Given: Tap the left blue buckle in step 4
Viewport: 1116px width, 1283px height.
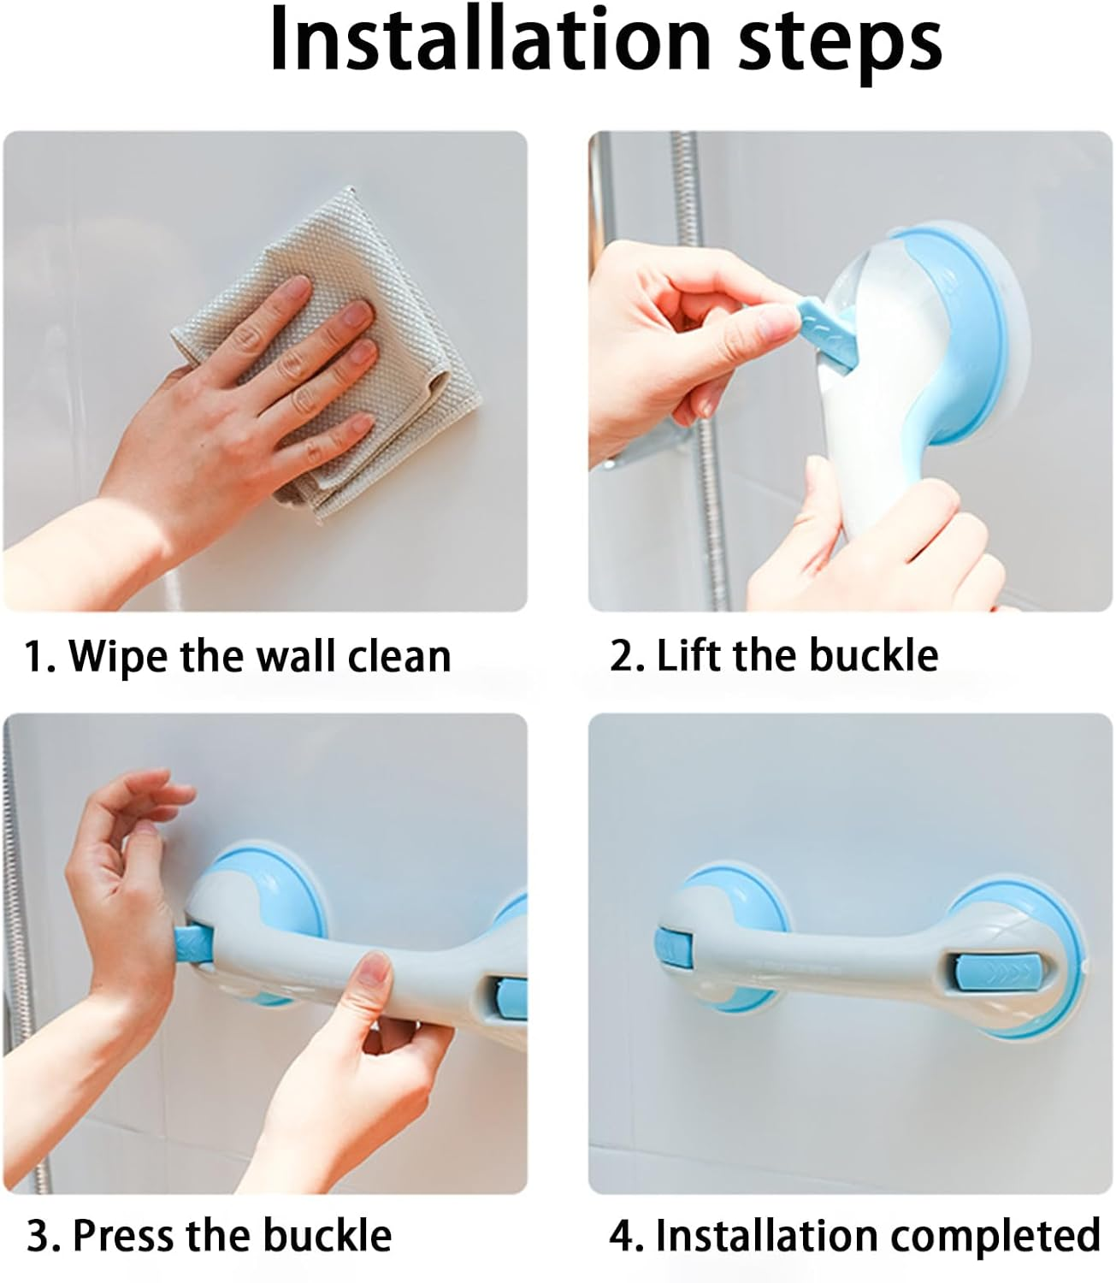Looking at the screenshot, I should (x=666, y=950).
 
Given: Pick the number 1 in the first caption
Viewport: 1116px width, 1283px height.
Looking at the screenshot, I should (x=34, y=657).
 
